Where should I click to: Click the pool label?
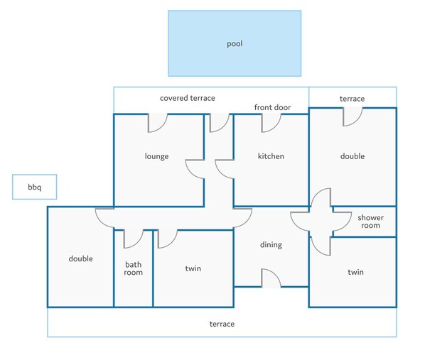tap(235, 44)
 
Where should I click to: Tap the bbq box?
tap(34, 187)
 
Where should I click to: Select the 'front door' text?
tap(272, 107)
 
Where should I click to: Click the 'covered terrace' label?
tap(188, 98)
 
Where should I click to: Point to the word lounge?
tap(156, 156)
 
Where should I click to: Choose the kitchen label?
tap(271, 156)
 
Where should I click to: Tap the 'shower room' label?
tap(370, 222)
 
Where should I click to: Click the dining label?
tap(271, 245)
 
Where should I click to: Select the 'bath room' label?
tap(133, 268)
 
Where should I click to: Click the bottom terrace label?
tap(222, 324)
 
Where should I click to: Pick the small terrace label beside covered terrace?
tap(352, 99)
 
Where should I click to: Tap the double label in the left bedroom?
tap(80, 258)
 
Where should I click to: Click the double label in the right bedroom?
tap(353, 156)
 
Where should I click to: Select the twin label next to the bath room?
tap(193, 268)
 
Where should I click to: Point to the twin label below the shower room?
tap(355, 272)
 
